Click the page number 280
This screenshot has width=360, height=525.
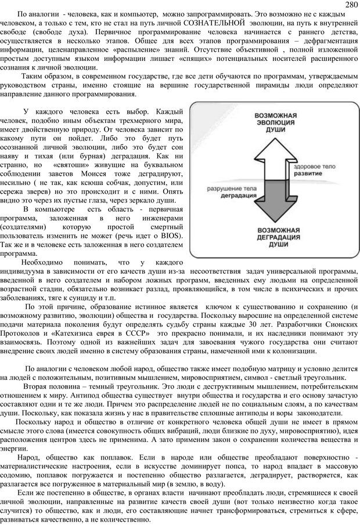click(350, 5)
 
